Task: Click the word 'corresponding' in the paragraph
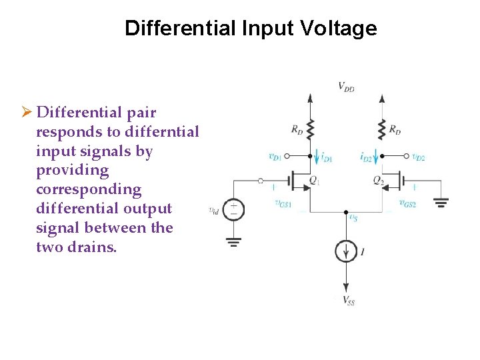(89, 189)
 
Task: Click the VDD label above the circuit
(346, 86)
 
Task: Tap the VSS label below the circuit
(349, 301)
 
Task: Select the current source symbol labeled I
(346, 251)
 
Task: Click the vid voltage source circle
(233, 210)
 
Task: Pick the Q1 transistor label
(315, 180)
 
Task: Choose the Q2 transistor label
(378, 180)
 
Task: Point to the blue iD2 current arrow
(377, 158)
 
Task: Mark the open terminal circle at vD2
(406, 157)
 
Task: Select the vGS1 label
(283, 204)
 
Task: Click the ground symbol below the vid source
(233, 241)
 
